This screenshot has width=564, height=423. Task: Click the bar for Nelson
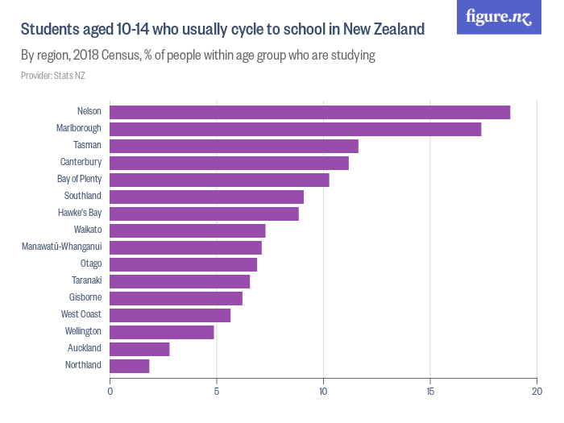click(x=309, y=112)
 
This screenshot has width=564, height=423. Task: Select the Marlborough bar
click(x=295, y=129)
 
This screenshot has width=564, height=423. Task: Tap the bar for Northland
click(x=129, y=366)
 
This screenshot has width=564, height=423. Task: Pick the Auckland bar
click(x=139, y=349)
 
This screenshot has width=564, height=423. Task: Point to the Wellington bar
click(x=161, y=332)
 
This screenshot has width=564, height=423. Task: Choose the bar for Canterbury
click(x=229, y=163)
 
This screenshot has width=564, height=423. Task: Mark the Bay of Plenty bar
click(x=219, y=180)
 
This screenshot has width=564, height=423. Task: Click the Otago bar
click(x=183, y=264)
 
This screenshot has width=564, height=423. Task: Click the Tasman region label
click(x=87, y=146)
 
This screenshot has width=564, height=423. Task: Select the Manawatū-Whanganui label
click(x=61, y=247)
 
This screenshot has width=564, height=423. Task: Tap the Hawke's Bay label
click(x=80, y=214)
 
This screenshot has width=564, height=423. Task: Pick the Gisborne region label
click(x=85, y=298)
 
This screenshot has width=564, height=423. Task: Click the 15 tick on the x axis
click(x=430, y=392)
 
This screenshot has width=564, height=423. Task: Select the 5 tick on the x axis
click(x=217, y=392)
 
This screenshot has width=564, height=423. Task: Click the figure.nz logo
click(x=499, y=17)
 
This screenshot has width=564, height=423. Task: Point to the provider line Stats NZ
click(x=53, y=76)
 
